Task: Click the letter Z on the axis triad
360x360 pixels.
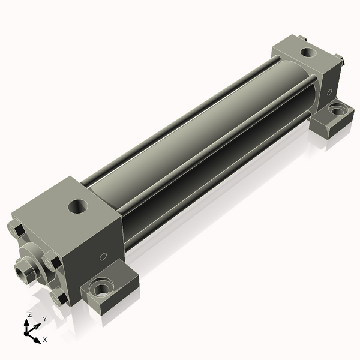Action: [x=29, y=314]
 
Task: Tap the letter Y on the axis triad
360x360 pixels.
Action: [x=45, y=319]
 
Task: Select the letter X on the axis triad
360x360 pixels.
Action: [x=45, y=340]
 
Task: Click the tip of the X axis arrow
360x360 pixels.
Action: [x=41, y=343]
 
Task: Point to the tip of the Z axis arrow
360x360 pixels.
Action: [x=26, y=320]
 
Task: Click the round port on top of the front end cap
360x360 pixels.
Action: [x=78, y=206]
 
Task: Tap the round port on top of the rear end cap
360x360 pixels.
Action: [x=308, y=53]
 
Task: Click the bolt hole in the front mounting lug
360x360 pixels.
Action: [x=102, y=288]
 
